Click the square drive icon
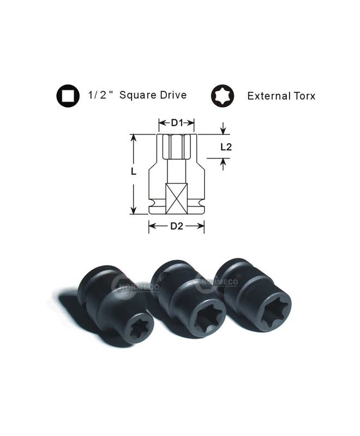(68, 96)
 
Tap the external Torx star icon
(223, 96)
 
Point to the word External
(265, 96)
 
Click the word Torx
(301, 96)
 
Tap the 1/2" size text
(101, 95)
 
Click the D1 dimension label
(177, 123)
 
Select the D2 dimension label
(177, 226)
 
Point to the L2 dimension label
(226, 147)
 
